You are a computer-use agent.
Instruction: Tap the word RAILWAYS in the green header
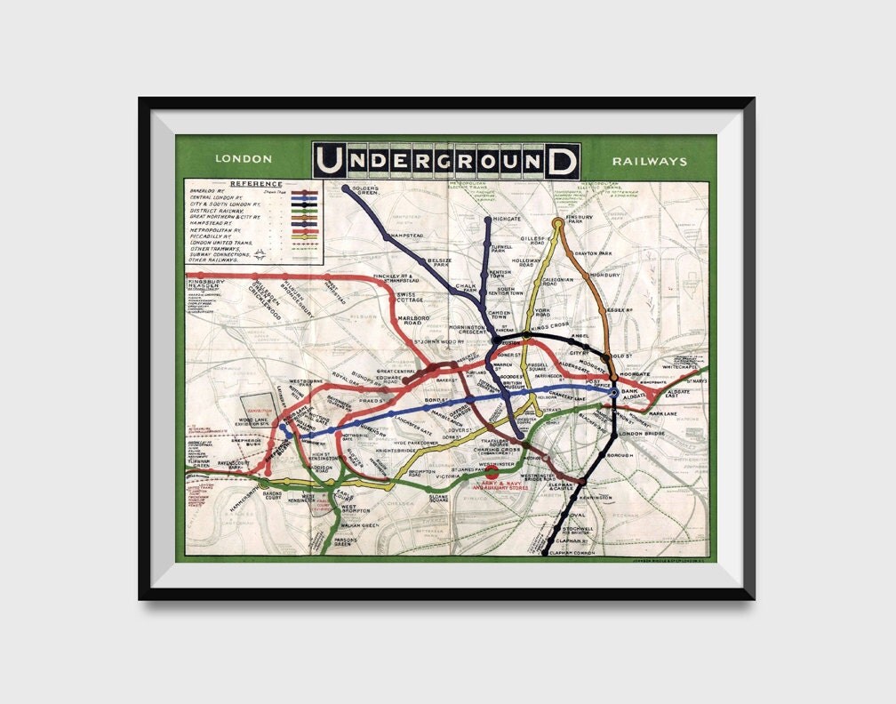tap(649, 162)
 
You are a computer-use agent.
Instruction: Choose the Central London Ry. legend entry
tap(212, 197)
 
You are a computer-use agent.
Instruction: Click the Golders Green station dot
tap(346, 188)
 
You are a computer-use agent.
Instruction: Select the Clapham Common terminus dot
tap(544, 553)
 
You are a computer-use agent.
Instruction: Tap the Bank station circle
tap(614, 390)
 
